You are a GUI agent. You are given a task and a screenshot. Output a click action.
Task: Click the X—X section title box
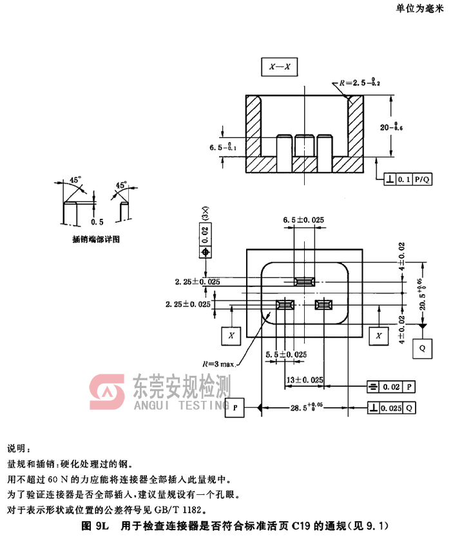tap(279, 66)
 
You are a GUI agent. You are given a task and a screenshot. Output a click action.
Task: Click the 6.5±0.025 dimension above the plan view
tap(303, 219)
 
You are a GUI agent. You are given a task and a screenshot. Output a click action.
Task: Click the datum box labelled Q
tap(422, 347)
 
